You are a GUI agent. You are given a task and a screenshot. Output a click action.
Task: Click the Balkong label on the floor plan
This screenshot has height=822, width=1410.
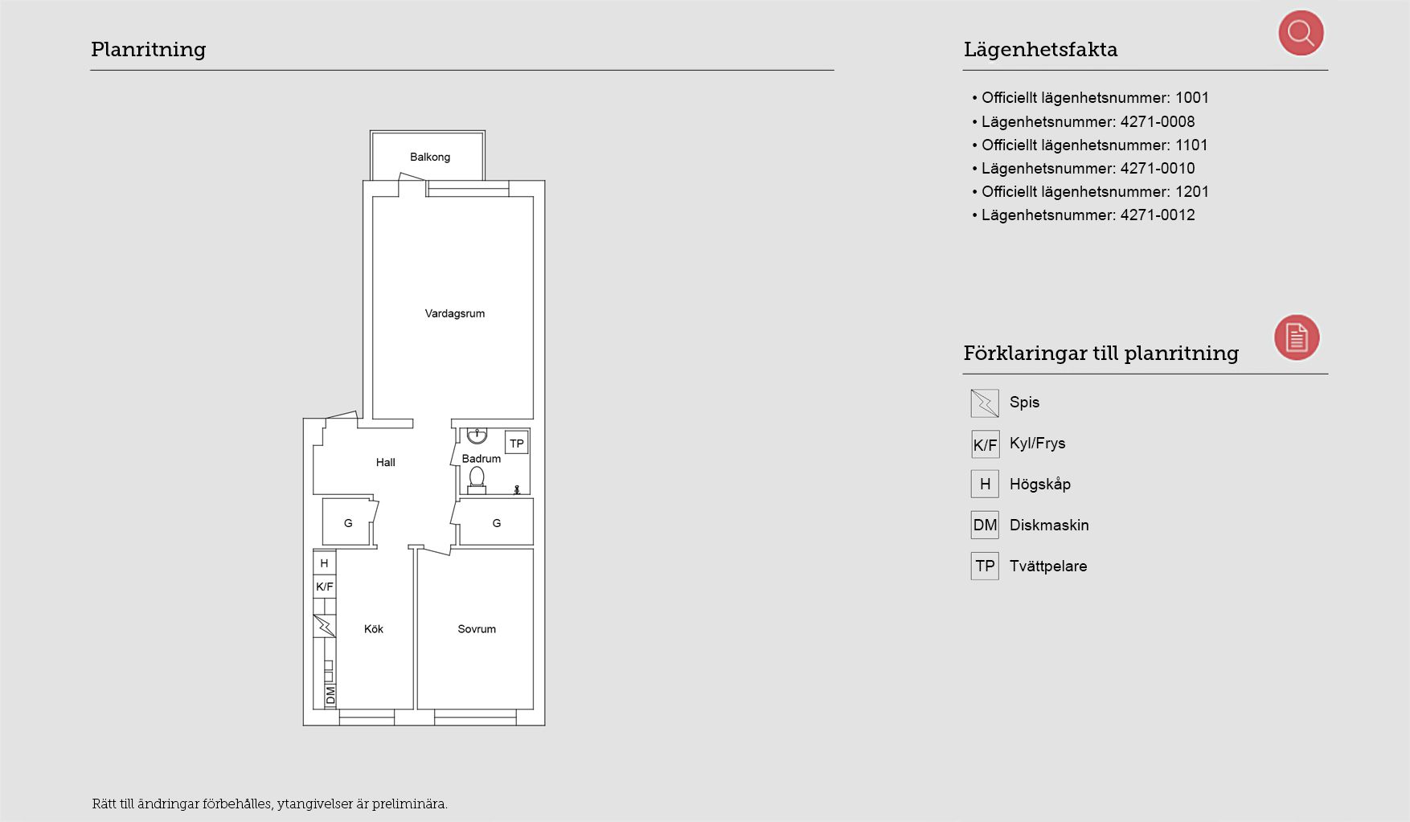(x=429, y=157)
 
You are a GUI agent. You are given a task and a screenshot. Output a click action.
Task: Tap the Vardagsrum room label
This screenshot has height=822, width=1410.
(x=455, y=314)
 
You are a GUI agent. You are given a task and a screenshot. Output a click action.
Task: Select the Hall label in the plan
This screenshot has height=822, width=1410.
(x=386, y=462)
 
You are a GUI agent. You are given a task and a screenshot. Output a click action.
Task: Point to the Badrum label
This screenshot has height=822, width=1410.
(x=481, y=459)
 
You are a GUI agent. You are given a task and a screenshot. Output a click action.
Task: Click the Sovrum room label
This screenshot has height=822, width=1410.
(x=477, y=629)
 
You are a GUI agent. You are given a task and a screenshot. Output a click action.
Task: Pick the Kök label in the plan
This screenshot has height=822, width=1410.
(x=374, y=629)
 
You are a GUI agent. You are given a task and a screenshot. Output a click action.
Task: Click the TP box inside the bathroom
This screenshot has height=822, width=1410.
(x=517, y=443)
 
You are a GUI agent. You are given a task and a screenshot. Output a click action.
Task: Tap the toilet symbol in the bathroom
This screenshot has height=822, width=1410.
(x=477, y=480)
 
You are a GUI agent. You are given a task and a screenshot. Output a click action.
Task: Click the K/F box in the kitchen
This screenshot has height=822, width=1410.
(x=325, y=587)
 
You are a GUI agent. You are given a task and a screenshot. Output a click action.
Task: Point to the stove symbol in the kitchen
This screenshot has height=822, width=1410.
(x=324, y=626)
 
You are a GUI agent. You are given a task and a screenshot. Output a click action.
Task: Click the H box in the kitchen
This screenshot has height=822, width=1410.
(x=325, y=563)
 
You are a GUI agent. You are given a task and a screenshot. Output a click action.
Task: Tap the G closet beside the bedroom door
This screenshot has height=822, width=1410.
(x=496, y=522)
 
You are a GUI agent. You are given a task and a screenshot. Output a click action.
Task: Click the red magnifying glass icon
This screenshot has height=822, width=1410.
(x=1301, y=33)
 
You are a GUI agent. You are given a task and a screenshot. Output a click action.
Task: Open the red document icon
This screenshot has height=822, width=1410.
(x=1297, y=337)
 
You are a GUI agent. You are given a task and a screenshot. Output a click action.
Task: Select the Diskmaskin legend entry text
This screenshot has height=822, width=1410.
(x=1049, y=525)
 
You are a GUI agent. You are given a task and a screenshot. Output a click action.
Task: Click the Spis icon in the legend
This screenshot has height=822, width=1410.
(x=985, y=403)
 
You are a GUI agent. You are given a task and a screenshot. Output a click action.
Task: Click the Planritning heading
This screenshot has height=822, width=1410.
(x=149, y=50)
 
